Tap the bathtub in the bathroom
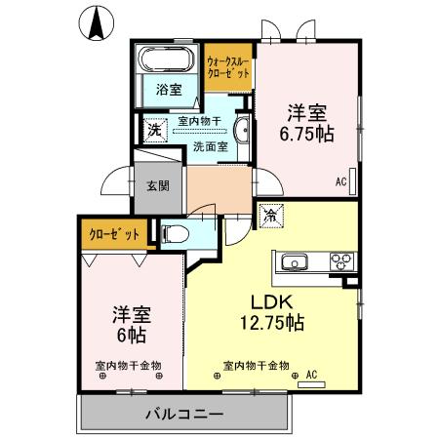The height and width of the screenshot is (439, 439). [167, 60]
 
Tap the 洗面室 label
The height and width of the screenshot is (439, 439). [209, 147]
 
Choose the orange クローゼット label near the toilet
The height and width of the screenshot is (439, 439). [112, 235]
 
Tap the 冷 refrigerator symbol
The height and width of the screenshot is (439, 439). [268, 214]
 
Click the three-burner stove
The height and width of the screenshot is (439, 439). [341, 260]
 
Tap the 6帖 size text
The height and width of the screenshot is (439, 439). [131, 334]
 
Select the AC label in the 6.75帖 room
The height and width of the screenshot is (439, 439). [341, 181]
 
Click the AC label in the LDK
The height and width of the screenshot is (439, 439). [312, 374]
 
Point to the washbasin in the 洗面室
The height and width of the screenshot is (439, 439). [244, 130]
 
